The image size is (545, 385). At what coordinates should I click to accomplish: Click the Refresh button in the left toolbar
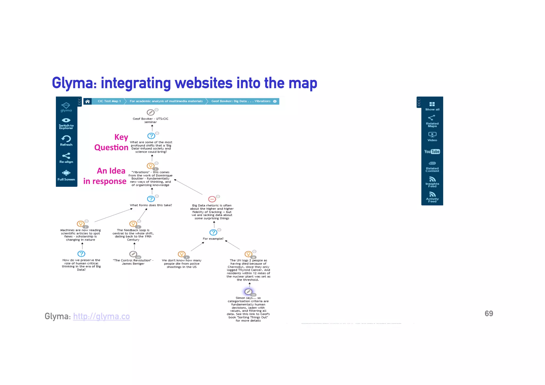66,140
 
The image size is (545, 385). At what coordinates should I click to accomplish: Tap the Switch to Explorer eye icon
66,121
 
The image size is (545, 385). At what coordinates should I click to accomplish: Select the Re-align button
66,158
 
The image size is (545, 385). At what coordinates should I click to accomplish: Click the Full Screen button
66,175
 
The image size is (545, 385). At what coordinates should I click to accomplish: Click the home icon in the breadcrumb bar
87,101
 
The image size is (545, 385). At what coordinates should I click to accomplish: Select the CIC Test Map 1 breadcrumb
109,101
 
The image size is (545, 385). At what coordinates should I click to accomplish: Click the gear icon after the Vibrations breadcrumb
275,101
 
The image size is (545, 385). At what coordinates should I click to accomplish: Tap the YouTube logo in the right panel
432,152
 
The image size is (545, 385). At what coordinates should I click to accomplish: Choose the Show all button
432,106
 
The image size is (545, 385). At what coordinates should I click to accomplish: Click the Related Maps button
432,121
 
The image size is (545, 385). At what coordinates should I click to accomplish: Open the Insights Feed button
432,182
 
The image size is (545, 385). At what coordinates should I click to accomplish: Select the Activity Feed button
432,197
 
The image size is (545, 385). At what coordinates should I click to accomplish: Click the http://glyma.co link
101,316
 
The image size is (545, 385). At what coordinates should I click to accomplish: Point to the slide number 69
489,314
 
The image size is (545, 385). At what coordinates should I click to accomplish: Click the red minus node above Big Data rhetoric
212,199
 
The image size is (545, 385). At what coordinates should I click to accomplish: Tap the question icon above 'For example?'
213,233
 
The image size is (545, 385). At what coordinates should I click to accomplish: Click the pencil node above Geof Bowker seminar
150,112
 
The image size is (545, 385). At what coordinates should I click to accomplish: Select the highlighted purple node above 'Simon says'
248,292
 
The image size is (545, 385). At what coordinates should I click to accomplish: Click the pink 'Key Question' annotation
112,142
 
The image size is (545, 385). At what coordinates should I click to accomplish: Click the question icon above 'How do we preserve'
81,254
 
